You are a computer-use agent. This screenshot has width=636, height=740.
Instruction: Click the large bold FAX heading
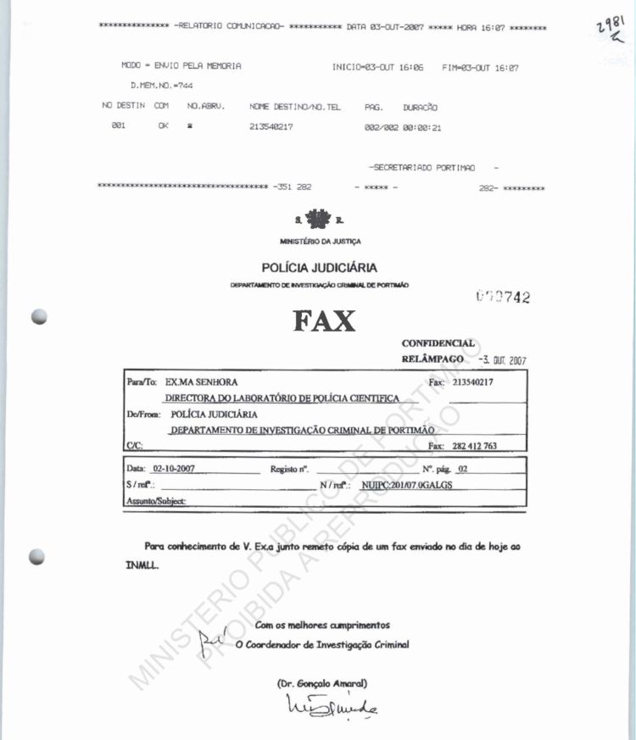(x=325, y=321)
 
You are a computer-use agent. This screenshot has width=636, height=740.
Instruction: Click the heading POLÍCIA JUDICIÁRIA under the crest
(x=320, y=268)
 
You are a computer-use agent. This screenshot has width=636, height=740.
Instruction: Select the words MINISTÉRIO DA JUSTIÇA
(x=320, y=242)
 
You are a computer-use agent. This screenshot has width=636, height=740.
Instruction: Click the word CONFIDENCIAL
(x=438, y=343)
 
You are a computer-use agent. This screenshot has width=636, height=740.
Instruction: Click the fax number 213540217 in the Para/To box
(x=473, y=382)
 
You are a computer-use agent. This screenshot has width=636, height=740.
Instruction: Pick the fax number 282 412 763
(x=475, y=446)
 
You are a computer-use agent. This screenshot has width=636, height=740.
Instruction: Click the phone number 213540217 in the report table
(x=271, y=128)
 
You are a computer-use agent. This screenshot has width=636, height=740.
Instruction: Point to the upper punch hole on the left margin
(x=38, y=316)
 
